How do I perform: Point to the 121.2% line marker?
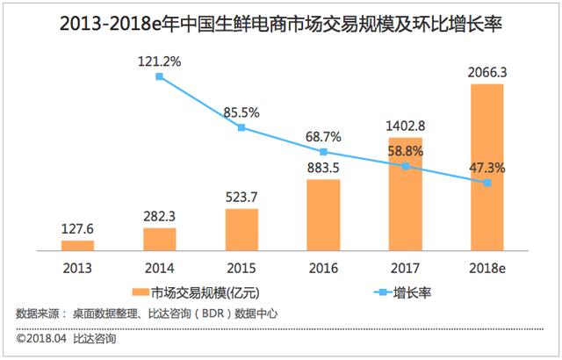coord(159,77)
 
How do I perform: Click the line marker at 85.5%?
coord(241,128)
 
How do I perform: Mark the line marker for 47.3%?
coord(488,183)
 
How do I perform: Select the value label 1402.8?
coord(406,124)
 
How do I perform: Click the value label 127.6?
coord(77,228)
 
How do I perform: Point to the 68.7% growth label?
coord(324,136)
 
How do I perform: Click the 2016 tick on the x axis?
coord(324,268)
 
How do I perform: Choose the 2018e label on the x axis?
coord(488,268)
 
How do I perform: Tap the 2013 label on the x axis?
coord(77,268)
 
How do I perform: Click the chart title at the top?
coord(281,22)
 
